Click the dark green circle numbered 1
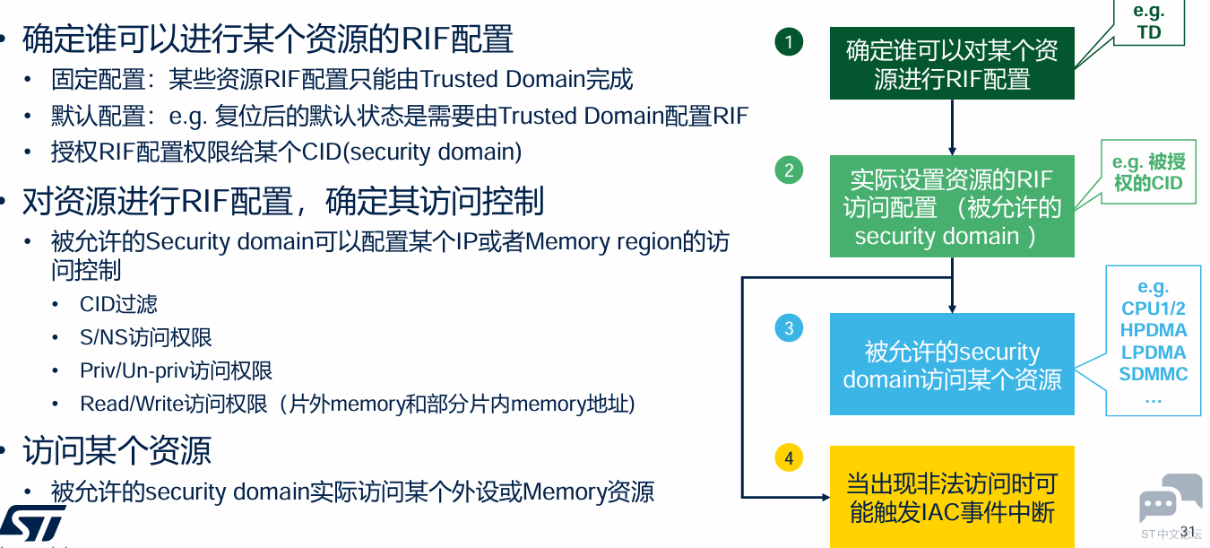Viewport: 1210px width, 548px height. [x=789, y=41]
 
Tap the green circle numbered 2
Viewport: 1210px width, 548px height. [x=789, y=170]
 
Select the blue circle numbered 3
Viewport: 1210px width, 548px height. [x=789, y=327]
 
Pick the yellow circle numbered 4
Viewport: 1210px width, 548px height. [x=789, y=457]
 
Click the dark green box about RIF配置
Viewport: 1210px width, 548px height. [x=952, y=63]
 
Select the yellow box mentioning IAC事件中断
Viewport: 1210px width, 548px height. [x=952, y=497]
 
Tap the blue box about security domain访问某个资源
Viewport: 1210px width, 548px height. [x=952, y=364]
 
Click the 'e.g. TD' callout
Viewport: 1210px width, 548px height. [x=1148, y=22]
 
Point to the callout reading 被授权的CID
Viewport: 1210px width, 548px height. [x=1148, y=172]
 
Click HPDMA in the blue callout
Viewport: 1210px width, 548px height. [x=1154, y=330]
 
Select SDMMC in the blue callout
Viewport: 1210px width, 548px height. [x=1154, y=374]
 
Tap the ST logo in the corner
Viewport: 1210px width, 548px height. [x=32, y=523]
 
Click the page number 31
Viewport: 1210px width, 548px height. [x=1188, y=532]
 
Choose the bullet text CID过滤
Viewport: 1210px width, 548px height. [x=118, y=304]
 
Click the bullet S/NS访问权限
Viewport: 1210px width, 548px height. [x=146, y=337]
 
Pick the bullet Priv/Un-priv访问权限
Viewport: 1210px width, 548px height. [x=176, y=370]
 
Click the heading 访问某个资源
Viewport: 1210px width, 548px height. [x=117, y=451]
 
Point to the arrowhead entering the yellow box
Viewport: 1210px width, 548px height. [x=825, y=497]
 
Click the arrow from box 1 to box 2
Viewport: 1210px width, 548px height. [x=952, y=127]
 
